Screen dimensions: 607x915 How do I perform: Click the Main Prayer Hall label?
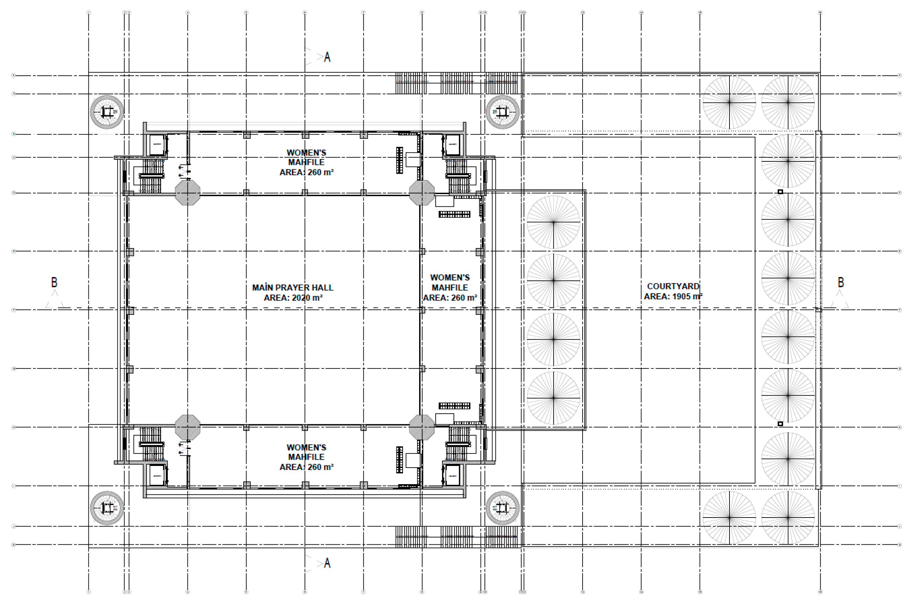pyautogui.click(x=292, y=288)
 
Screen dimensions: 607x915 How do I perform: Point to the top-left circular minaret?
pyautogui.click(x=107, y=112)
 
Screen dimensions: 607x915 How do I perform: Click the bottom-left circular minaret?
pyautogui.click(x=107, y=508)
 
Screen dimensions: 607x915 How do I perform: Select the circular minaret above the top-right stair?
pyautogui.click(x=502, y=112)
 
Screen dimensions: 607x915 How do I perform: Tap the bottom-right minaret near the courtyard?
pyautogui.click(x=502, y=508)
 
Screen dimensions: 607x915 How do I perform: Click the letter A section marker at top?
pyautogui.click(x=327, y=57)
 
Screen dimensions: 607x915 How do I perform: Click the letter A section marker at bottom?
pyautogui.click(x=327, y=563)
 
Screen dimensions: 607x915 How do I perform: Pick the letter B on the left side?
pyautogui.click(x=54, y=282)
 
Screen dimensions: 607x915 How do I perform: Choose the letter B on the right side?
pyautogui.click(x=841, y=282)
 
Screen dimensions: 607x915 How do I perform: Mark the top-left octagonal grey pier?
pyautogui.click(x=188, y=192)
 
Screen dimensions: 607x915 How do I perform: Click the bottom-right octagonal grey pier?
pyautogui.click(x=422, y=427)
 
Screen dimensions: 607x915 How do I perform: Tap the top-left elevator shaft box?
pyautogui.click(x=157, y=145)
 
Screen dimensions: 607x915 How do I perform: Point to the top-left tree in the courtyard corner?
pyautogui.click(x=729, y=102)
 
